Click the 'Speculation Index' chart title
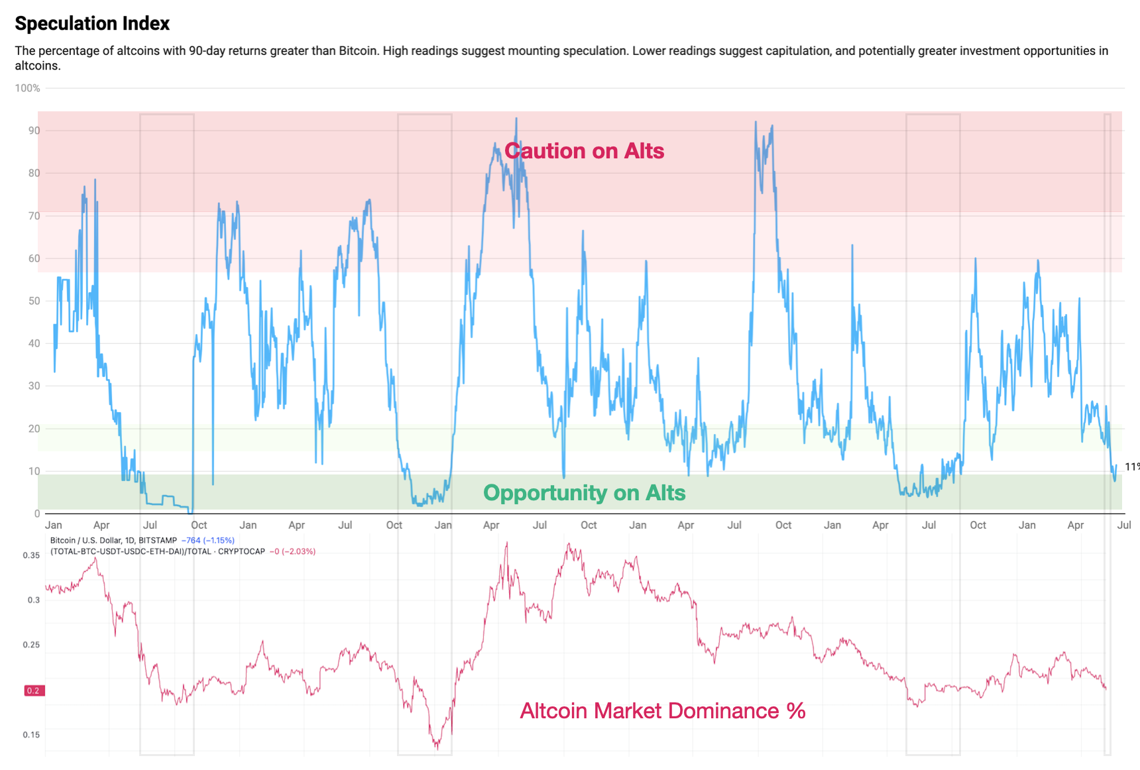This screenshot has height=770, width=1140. tap(92, 24)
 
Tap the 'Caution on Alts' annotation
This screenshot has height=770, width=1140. tap(584, 151)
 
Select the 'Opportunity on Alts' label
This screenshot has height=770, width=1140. tap(584, 493)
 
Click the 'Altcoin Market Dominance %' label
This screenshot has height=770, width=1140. tap(662, 711)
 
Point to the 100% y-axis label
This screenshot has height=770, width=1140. tap(28, 88)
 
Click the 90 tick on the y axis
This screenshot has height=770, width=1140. tap(34, 131)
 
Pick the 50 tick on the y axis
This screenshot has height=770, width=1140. tap(34, 301)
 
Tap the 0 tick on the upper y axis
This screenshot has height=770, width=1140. tap(37, 514)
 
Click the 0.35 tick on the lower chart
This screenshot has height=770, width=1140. tap(31, 555)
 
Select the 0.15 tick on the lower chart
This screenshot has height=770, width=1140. tap(31, 734)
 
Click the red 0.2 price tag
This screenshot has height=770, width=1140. tap(33, 690)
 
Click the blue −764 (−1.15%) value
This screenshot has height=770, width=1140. tap(208, 541)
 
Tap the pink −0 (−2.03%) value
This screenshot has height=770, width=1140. tap(292, 551)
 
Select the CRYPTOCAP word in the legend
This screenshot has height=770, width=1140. tap(241, 551)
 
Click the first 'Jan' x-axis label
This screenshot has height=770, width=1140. tap(54, 525)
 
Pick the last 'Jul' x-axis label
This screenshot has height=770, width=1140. tap(1123, 525)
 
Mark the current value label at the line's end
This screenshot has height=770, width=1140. tap(1132, 467)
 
